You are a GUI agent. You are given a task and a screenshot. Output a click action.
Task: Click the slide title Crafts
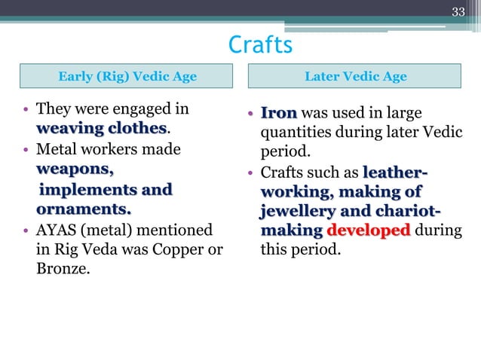point(259,45)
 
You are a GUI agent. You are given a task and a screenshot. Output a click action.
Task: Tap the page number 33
point(458,11)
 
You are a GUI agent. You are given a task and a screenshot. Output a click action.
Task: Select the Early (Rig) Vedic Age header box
point(127,76)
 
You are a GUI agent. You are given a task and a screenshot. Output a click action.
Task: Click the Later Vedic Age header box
point(355,76)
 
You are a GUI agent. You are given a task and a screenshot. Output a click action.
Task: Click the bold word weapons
point(75,169)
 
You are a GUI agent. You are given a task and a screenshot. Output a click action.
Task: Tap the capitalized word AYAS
point(60,229)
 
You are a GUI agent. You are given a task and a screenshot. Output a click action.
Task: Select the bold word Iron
point(278,114)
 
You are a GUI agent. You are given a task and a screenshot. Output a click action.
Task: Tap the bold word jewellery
point(296,209)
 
